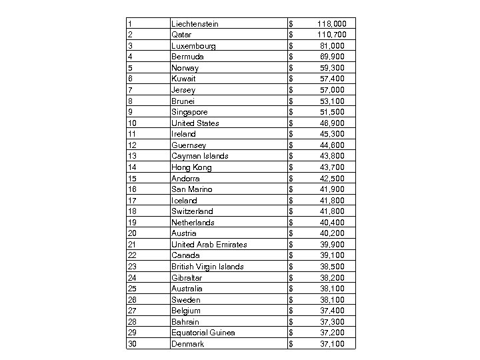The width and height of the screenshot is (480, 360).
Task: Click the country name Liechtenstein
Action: (195, 24)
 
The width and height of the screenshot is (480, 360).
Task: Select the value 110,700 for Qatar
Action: (331, 35)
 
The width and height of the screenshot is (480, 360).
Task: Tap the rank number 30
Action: (131, 343)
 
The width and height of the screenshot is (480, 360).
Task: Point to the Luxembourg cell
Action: (193, 46)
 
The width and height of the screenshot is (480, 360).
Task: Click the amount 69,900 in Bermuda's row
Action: (333, 57)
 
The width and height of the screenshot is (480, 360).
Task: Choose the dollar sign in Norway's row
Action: (291, 68)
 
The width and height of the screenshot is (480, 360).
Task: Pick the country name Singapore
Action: (189, 112)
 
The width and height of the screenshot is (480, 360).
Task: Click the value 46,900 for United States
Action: (333, 123)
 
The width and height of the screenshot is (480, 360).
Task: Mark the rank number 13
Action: (131, 156)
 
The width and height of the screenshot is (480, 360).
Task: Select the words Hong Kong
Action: (191, 167)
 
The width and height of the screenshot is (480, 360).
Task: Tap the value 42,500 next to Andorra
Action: (333, 178)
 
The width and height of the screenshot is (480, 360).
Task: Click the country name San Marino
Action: (192, 189)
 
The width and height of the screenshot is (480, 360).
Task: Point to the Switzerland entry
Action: (192, 211)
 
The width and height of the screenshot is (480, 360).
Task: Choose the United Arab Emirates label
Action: (209, 244)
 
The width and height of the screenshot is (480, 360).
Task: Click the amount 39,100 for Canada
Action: (333, 255)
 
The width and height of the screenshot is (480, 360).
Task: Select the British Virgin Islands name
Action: (207, 267)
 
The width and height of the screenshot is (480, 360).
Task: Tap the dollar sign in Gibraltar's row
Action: (291, 277)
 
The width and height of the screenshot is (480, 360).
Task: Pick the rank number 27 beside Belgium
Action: (131, 311)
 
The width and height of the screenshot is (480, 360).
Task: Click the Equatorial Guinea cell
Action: (203, 333)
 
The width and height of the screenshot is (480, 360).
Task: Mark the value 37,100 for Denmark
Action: (333, 343)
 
